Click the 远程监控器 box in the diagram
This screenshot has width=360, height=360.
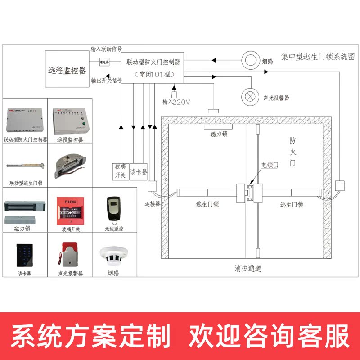pos(67,69)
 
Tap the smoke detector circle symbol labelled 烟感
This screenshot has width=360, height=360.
pos(250,60)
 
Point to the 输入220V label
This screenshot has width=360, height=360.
pos(176,102)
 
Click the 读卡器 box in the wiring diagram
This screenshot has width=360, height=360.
pos(139,171)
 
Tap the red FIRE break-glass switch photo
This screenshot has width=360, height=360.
pos(70,210)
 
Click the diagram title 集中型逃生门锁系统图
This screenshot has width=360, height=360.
pos(318,57)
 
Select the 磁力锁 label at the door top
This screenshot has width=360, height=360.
pos(219,134)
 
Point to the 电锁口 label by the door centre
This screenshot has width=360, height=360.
pos(270,166)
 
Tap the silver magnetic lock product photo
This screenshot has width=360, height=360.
pos(25,212)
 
